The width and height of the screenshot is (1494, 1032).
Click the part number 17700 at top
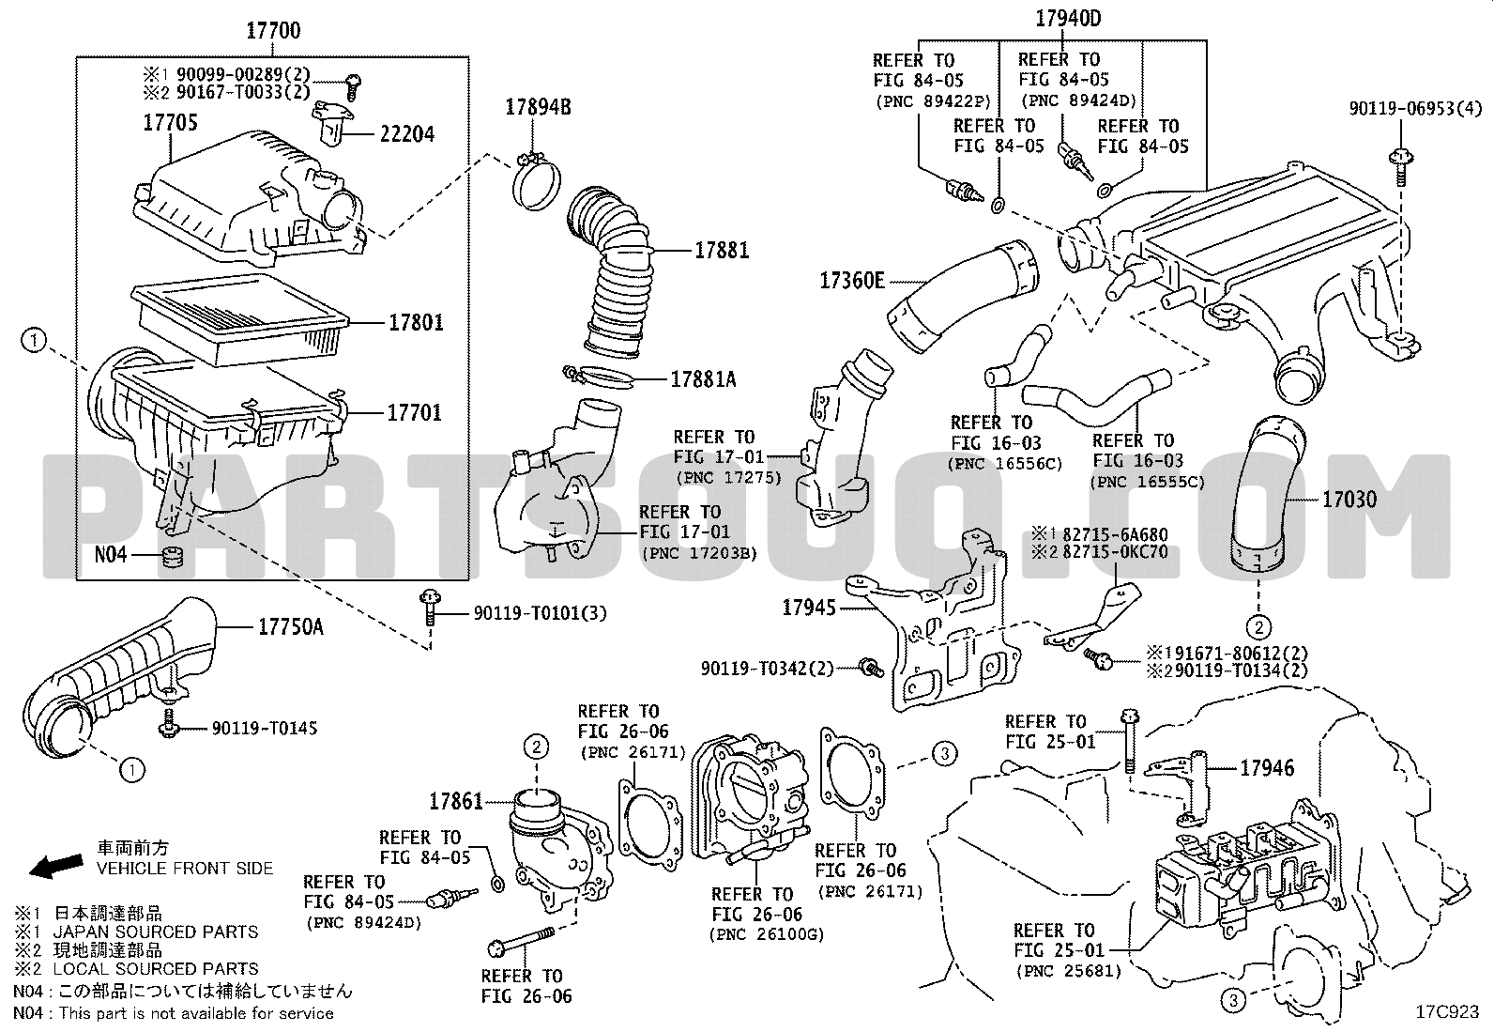[273, 31]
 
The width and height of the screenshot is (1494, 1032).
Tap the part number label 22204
[406, 134]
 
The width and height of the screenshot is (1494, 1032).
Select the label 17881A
[703, 379]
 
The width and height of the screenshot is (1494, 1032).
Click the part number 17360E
[852, 280]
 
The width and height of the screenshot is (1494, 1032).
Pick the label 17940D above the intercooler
[1068, 18]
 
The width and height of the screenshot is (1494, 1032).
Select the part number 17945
[808, 608]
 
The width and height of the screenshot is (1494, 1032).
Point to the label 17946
[1267, 768]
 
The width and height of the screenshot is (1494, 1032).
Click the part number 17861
[456, 801]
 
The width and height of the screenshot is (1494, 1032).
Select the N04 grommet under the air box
[171, 555]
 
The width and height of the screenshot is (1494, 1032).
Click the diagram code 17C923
[1447, 1012]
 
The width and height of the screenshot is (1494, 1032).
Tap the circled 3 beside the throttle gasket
[945, 752]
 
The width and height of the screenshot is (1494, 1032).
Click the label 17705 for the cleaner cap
[170, 122]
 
